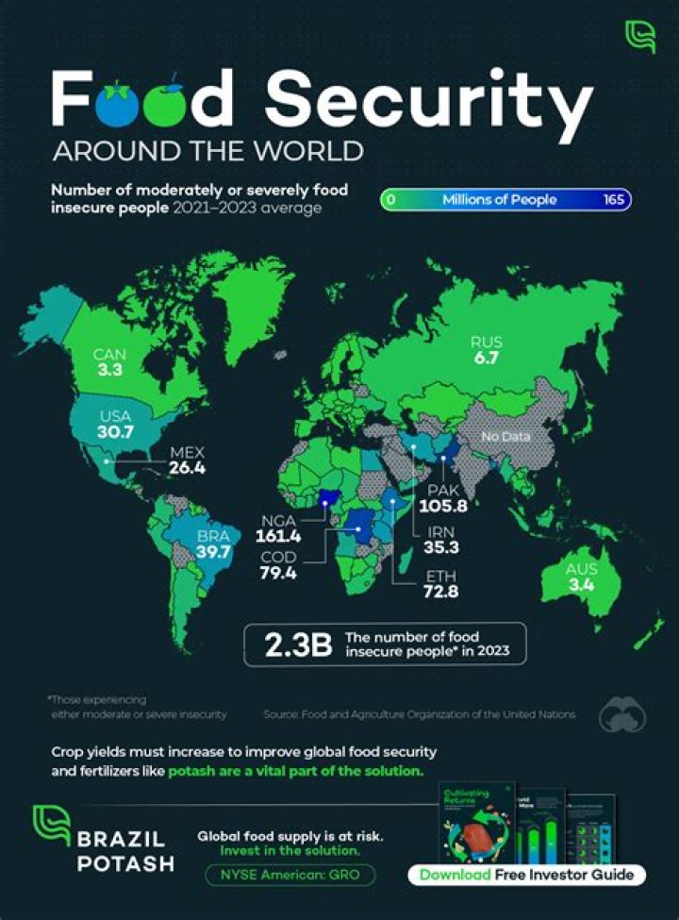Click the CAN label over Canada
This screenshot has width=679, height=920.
(110, 354)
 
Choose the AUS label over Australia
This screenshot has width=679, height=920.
(582, 569)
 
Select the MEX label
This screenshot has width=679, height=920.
(187, 452)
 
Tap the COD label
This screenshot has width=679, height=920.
(278, 558)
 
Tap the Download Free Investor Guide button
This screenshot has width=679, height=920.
(527, 874)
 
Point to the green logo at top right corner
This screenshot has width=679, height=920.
(638, 35)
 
